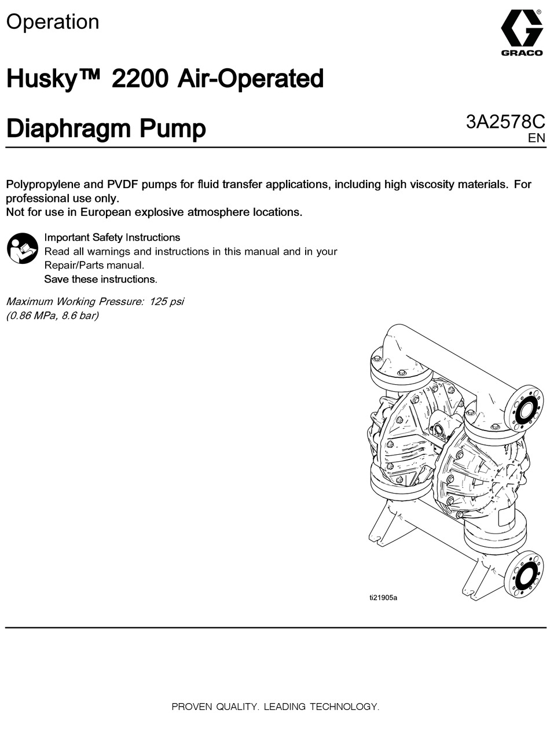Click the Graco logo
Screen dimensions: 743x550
pyautogui.click(x=521, y=34)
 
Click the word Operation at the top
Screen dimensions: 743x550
pyautogui.click(x=53, y=22)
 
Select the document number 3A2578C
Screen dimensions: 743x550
pyautogui.click(x=505, y=122)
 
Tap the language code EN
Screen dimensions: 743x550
pyautogui.click(x=536, y=138)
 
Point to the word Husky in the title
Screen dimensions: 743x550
pyautogui.click(x=41, y=79)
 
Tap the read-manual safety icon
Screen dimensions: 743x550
pyautogui.click(x=22, y=248)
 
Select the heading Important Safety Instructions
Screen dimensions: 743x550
pyautogui.click(x=112, y=237)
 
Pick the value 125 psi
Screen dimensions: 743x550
pyautogui.click(x=167, y=301)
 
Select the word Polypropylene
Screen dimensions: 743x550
pyautogui.click(x=44, y=185)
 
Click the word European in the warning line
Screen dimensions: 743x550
pyautogui.click(x=106, y=212)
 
